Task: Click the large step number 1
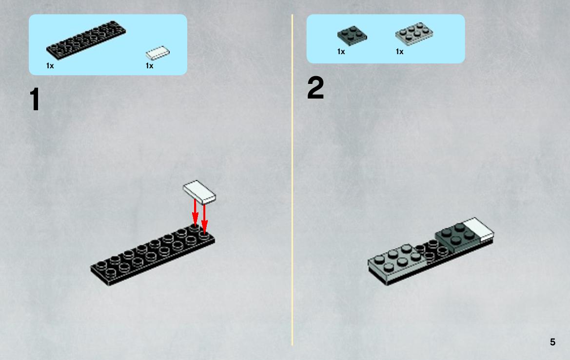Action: tap(35, 99)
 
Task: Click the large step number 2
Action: tap(315, 88)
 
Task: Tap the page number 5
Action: tap(552, 342)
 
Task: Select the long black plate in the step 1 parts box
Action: tap(86, 40)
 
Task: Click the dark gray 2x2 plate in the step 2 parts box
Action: tap(352, 36)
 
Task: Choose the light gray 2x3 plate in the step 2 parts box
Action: tap(414, 34)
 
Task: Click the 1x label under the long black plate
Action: tap(50, 66)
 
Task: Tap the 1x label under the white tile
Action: tap(149, 66)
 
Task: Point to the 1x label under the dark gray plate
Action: tap(341, 52)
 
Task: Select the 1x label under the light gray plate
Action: tap(399, 52)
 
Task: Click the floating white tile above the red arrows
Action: tap(199, 192)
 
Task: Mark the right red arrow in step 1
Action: tap(204, 219)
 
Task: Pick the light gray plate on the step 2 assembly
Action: tap(396, 262)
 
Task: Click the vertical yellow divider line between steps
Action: tap(292, 180)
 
